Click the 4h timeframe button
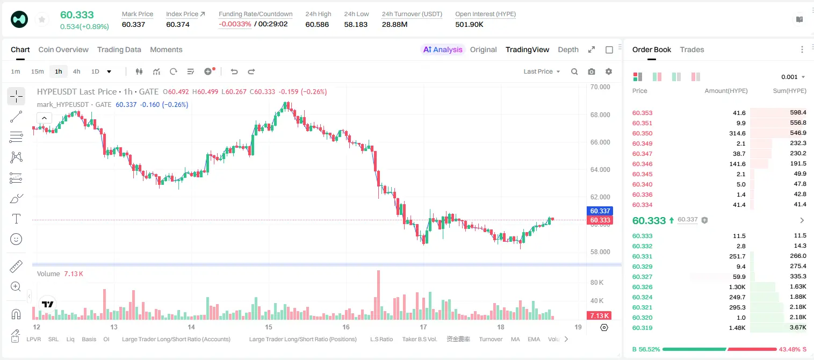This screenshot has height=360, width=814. [x=76, y=71]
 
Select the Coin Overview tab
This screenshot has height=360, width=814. [x=63, y=49]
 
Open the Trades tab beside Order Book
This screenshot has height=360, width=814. [x=691, y=49]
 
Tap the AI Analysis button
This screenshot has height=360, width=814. [x=443, y=49]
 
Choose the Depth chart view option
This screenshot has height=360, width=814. [x=568, y=49]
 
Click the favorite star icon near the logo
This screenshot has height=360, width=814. [x=42, y=19]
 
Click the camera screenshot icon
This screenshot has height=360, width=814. [x=592, y=71]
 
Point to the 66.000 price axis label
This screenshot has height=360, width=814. [x=600, y=142]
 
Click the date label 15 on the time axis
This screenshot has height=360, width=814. [x=269, y=327]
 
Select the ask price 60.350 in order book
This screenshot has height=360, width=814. [x=642, y=133]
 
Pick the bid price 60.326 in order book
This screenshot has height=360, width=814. [x=642, y=287]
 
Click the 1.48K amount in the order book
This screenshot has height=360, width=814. [x=737, y=328]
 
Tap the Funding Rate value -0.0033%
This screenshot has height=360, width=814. [x=235, y=24]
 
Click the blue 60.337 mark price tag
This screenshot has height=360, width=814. [x=600, y=211]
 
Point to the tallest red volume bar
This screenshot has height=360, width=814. [x=378, y=294]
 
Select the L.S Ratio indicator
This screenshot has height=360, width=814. [x=381, y=339]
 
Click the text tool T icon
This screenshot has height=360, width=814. [x=16, y=219]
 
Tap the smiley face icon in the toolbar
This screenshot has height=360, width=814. [x=16, y=239]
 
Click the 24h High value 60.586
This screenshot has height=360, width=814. [x=317, y=24]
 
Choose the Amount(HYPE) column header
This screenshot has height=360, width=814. [x=726, y=91]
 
